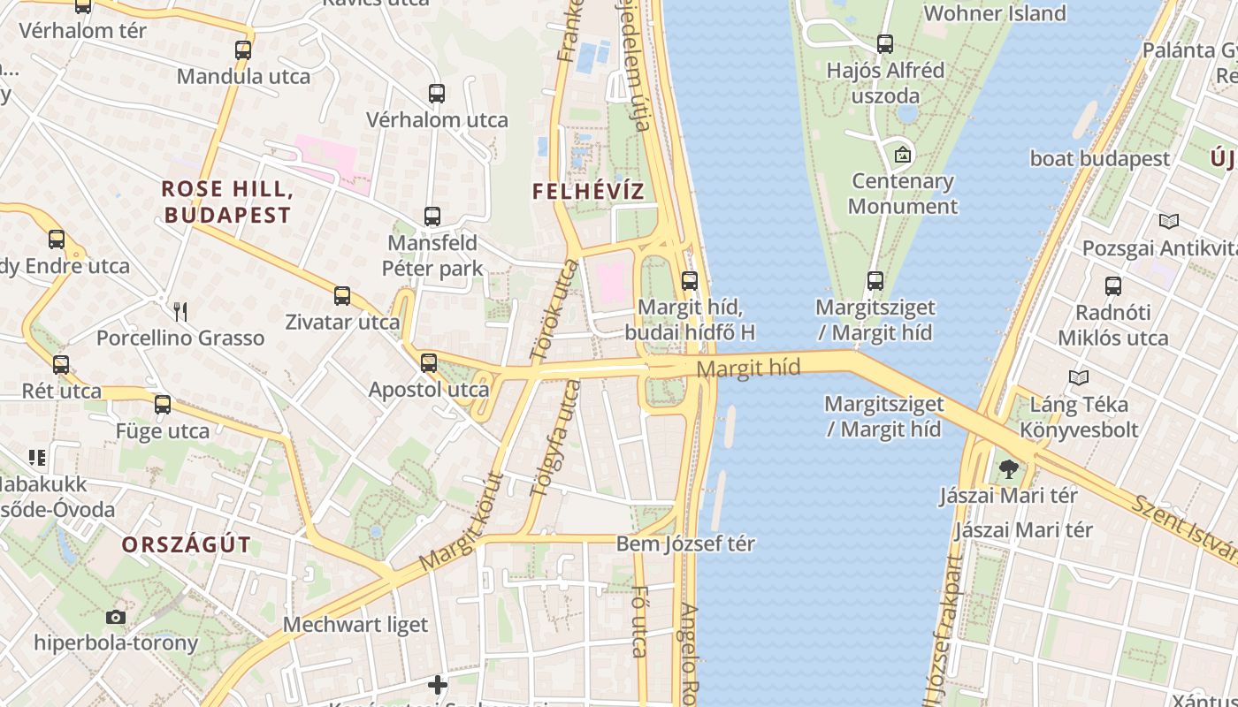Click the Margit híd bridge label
coord(748,368)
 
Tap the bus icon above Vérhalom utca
coord(436,93)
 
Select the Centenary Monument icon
coord(903,155)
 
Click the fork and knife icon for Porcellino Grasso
coord(180,311)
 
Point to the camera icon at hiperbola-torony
coord(116,617)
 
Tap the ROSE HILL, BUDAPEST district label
coord(227,201)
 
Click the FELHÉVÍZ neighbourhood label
coord(588,191)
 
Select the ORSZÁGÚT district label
coord(187,544)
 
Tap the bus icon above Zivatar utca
coord(342,295)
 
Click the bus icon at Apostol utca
coord(429,362)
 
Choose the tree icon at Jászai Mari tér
coord(1008,468)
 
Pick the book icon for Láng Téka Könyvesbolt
coord(1078,378)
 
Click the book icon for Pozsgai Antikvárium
coord(1169,222)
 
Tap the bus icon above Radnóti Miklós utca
coord(1112,285)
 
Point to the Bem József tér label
coord(685,544)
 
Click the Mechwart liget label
coord(355,625)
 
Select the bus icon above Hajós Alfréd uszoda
coord(885,43)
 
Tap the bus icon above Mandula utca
coord(243,49)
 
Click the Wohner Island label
coord(995,13)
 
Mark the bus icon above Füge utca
coord(163,405)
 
